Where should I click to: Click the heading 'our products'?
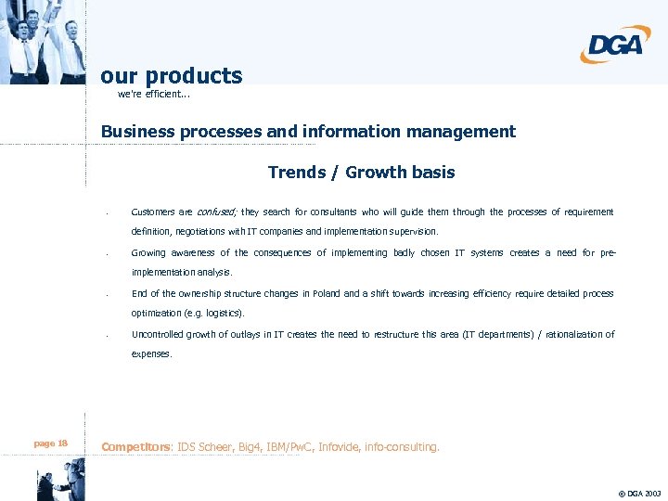coord(172,76)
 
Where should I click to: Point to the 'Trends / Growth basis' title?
coord(361,172)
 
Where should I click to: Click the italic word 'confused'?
coord(216,212)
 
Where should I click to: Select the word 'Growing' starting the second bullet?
coord(149,253)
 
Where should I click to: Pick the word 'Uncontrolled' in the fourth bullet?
coord(158,335)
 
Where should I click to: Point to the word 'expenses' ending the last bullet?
coord(151,354)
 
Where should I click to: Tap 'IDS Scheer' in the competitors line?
coord(202,447)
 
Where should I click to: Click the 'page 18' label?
coord(50,443)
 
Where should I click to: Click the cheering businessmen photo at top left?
coord(42,41)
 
